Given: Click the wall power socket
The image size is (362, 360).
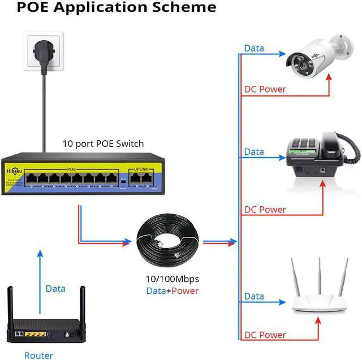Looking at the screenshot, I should (x=43, y=51).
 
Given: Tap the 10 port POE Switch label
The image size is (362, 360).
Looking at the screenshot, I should (x=103, y=143).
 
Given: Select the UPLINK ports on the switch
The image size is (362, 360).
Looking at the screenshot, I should (x=140, y=177).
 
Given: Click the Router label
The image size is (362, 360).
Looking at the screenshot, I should (x=38, y=355).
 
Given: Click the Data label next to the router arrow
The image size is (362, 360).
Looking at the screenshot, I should (x=55, y=288).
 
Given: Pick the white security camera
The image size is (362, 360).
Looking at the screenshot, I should (x=317, y=57).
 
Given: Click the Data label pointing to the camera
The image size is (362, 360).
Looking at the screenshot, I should (x=254, y=48).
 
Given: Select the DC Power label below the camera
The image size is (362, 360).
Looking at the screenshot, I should (x=265, y=89).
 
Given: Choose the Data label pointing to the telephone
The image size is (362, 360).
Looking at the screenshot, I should (x=254, y=151).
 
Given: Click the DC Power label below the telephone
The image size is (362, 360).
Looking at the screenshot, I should (x=265, y=210).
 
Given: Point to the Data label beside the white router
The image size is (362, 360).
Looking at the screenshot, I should (x=254, y=296).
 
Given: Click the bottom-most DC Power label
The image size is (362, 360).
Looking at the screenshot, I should (x=265, y=335).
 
